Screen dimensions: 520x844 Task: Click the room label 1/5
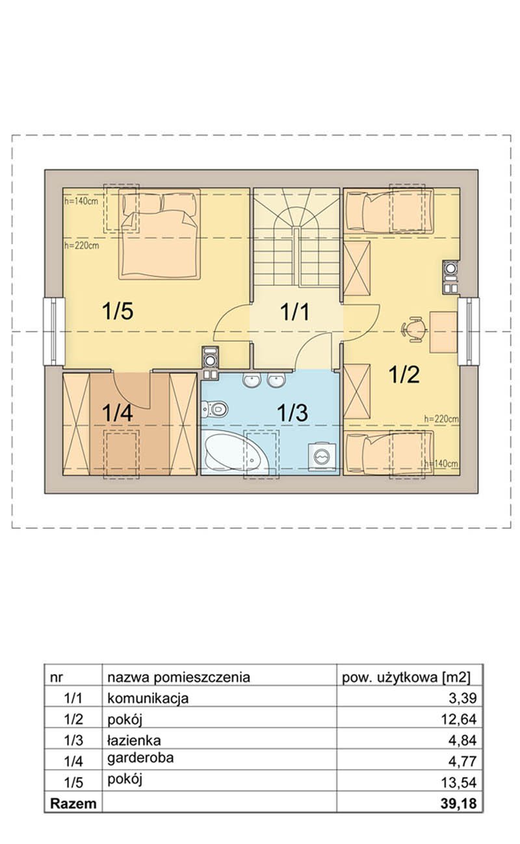(x=118, y=312)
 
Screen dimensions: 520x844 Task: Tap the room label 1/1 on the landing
(x=294, y=312)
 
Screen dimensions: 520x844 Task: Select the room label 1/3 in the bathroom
(x=292, y=412)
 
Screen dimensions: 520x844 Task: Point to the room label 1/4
(x=118, y=412)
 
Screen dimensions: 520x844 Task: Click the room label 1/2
(x=404, y=375)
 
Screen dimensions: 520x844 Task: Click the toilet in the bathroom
(x=214, y=409)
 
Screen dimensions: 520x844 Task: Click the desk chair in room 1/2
(x=413, y=329)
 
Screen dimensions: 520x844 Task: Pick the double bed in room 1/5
(x=159, y=234)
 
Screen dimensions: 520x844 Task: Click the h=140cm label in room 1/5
(x=81, y=201)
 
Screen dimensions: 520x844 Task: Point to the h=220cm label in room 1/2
(x=441, y=419)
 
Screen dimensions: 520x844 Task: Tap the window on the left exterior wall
(x=54, y=331)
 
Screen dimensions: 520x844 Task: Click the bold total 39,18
(x=458, y=804)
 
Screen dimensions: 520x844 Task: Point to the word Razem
(x=73, y=804)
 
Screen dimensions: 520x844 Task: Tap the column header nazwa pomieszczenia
(x=179, y=677)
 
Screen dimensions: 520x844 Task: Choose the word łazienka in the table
(x=134, y=740)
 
